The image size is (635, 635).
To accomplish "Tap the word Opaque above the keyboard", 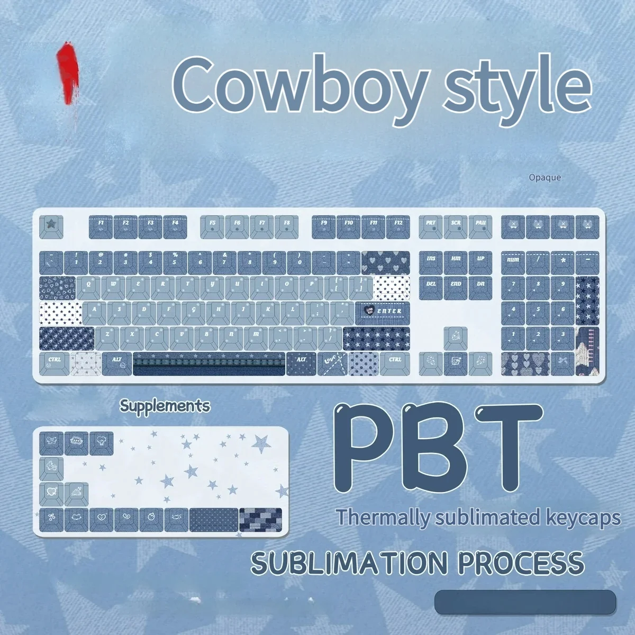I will (x=545, y=178).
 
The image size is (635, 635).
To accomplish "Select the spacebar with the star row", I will (x=209, y=364).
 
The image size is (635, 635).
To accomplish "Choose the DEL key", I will (x=431, y=287).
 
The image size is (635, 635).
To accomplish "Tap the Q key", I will (x=89, y=287).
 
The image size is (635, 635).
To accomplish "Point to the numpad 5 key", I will (x=538, y=313).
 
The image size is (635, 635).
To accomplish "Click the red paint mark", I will (x=68, y=74).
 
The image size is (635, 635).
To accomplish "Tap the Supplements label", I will (x=165, y=406).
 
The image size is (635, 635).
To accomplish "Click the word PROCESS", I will (x=521, y=563).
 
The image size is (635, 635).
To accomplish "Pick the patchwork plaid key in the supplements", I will (x=260, y=519).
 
